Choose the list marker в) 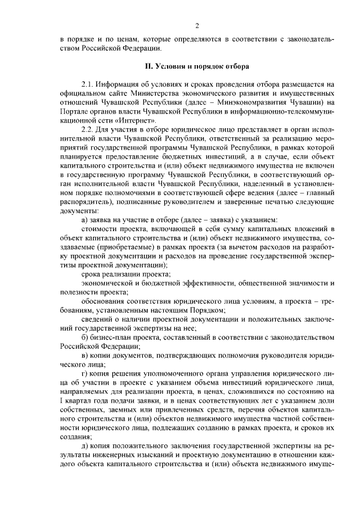point(85,356)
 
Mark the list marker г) point(85,374)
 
